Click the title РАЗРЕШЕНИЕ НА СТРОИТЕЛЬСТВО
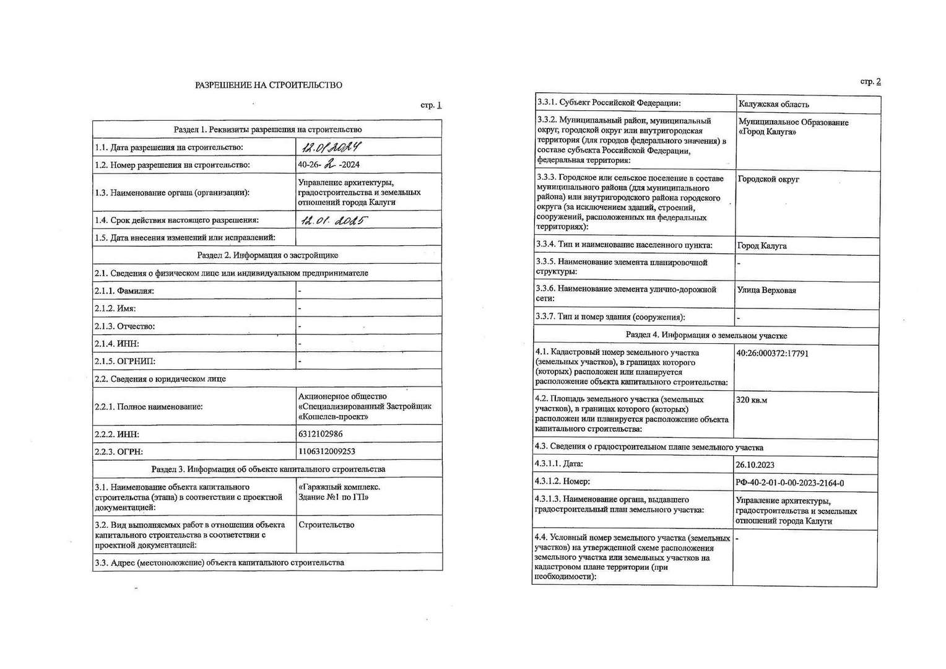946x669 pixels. coord(268,85)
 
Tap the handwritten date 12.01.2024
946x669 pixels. coord(331,147)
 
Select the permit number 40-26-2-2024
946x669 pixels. coord(329,165)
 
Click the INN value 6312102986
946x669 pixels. coord(320,434)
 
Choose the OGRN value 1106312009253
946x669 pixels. coord(326,452)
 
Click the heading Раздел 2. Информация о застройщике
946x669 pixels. coord(267,255)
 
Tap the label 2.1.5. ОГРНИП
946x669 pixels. coord(125,361)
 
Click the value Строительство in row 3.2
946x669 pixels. coord(326,525)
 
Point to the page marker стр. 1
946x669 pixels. coord(431,105)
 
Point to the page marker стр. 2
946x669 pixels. coord(870,81)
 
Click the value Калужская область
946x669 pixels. coord(773,104)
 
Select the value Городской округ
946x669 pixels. coord(768,179)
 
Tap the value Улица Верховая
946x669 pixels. coord(766,290)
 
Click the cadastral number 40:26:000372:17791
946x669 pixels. coord(772,354)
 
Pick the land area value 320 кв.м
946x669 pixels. coord(752,400)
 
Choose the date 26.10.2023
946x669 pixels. coord(755,465)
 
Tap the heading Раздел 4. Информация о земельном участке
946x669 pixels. coord(706,335)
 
